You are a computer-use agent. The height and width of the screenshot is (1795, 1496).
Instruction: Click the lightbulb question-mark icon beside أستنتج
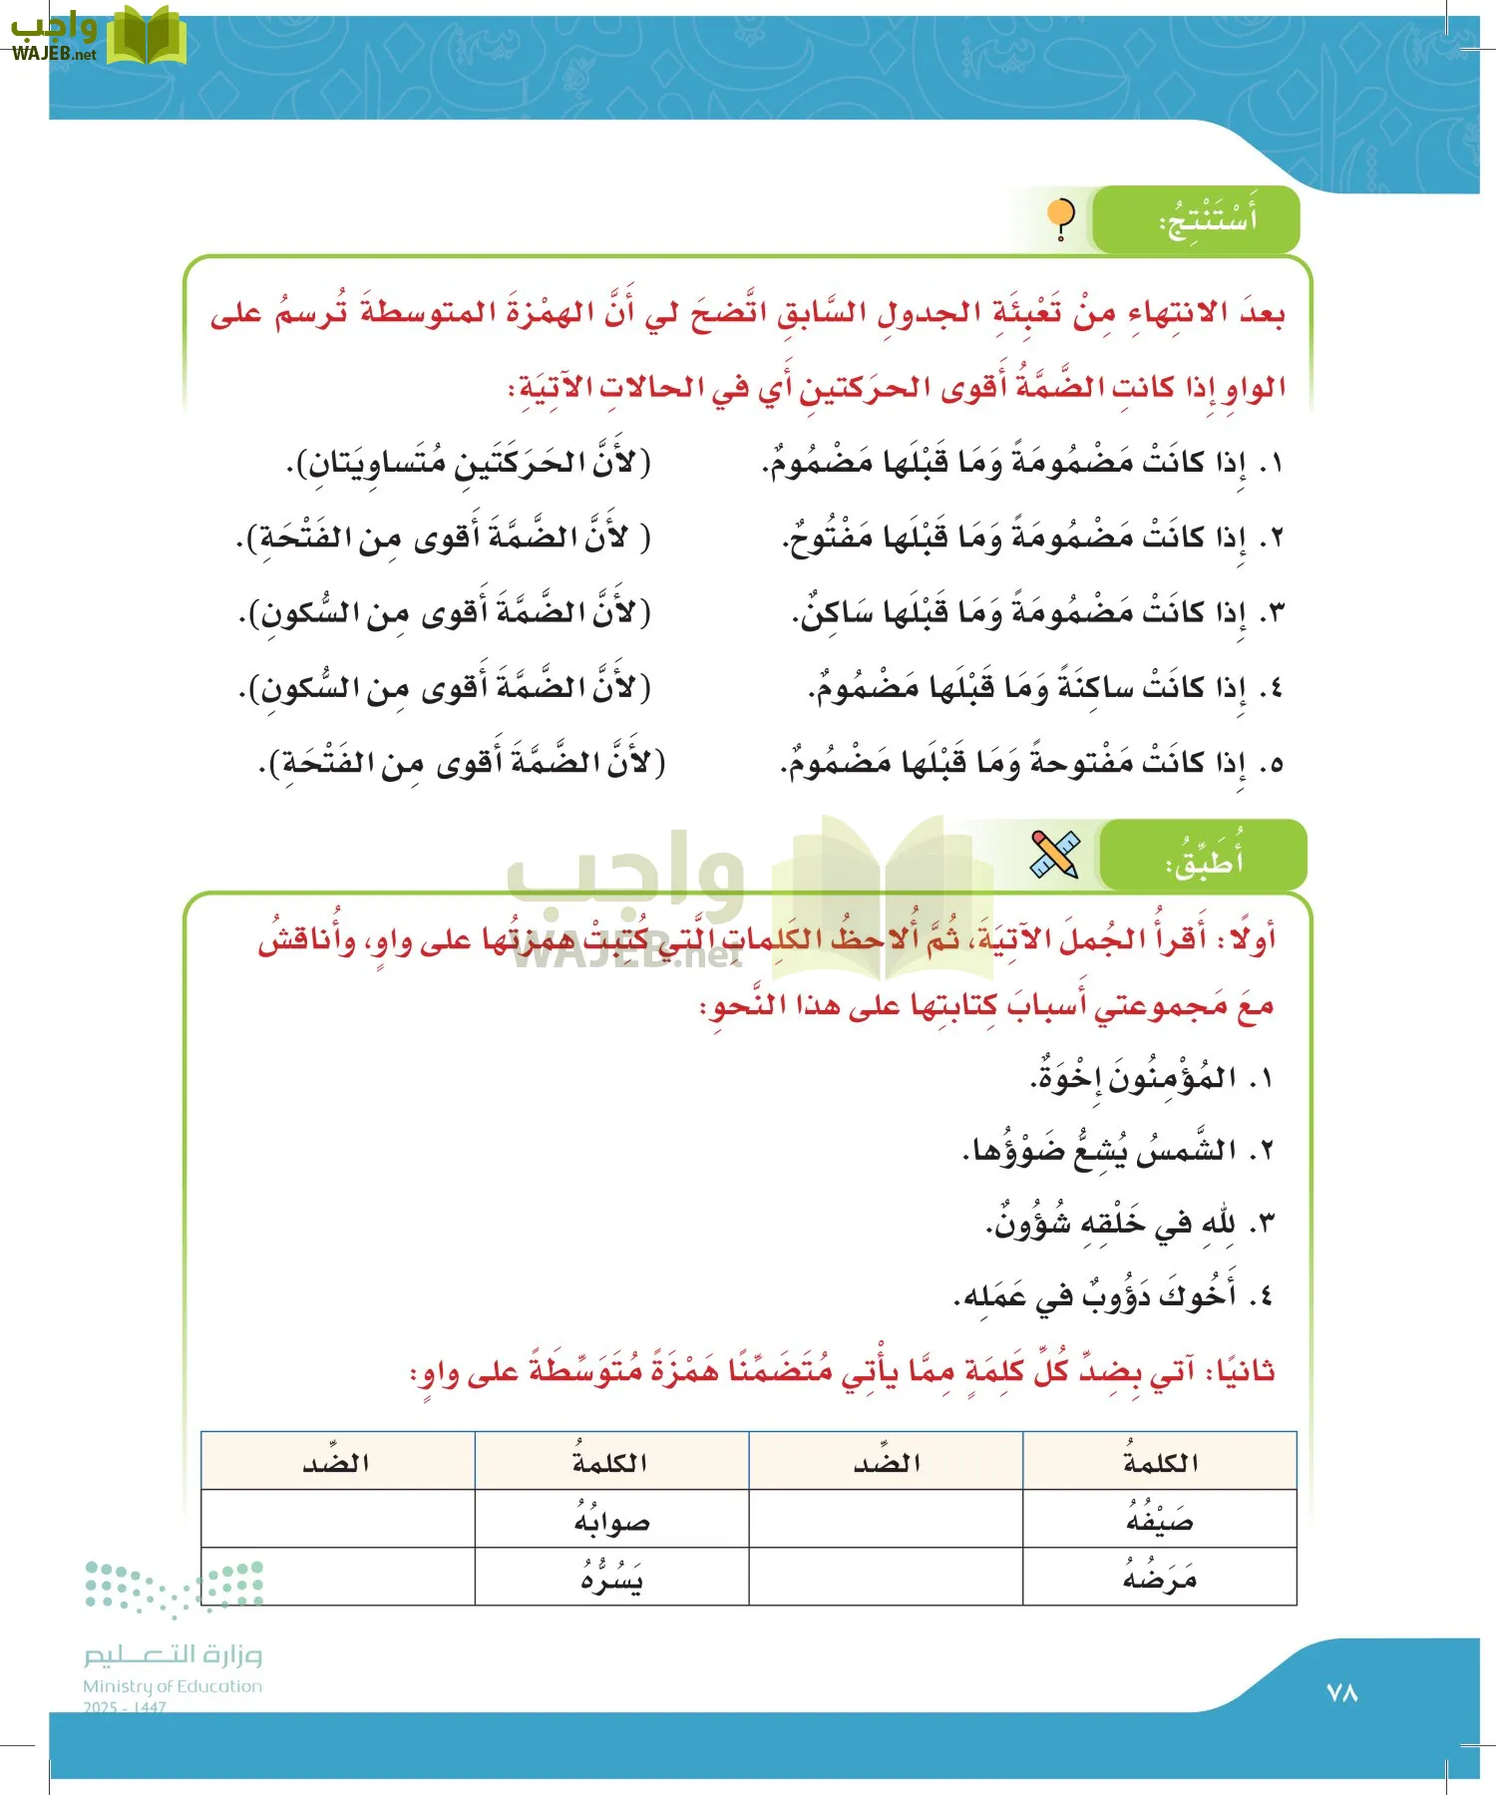pyautogui.click(x=1061, y=219)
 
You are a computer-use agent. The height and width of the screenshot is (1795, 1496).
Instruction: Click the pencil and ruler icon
pyautogui.click(x=1055, y=855)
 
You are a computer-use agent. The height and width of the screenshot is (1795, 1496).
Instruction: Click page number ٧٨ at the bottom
pyautogui.click(x=1342, y=1692)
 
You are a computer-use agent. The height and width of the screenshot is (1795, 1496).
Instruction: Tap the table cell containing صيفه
pyautogui.click(x=1159, y=1520)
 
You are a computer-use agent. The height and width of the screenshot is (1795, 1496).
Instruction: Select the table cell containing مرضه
pyautogui.click(x=1159, y=1578)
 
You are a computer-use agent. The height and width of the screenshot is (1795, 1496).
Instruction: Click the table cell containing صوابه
pyautogui.click(x=611, y=1520)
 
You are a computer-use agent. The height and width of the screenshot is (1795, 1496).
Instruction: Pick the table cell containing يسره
pyautogui.click(x=611, y=1578)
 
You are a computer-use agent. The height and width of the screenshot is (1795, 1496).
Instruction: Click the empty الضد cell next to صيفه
pyautogui.click(x=886, y=1520)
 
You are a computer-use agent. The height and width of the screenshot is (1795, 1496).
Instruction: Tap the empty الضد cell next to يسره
pyautogui.click(x=337, y=1578)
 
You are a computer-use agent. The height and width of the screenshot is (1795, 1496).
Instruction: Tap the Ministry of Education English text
pyautogui.click(x=172, y=1686)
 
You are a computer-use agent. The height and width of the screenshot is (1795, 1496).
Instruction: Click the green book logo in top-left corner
pyautogui.click(x=146, y=36)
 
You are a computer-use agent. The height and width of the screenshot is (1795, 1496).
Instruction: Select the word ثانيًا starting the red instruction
pyautogui.click(x=1239, y=1371)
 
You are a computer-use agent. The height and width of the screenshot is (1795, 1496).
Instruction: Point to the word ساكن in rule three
pyautogui.click(x=838, y=612)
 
